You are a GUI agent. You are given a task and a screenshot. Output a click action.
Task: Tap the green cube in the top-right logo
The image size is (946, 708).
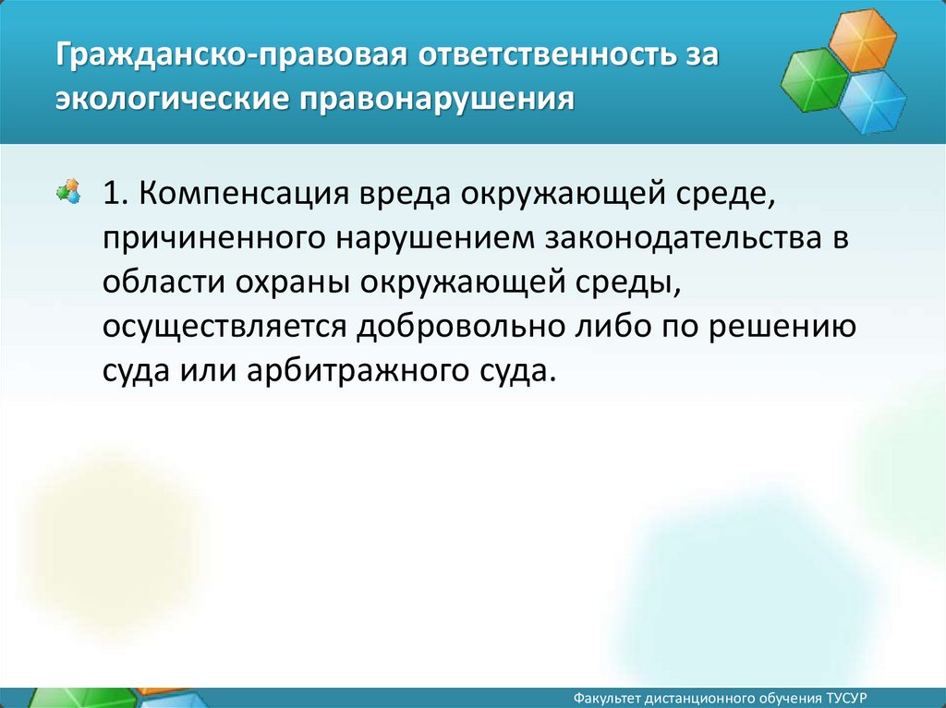(x=815, y=80)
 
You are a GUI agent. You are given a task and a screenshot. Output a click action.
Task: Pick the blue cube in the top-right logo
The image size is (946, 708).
(x=872, y=102)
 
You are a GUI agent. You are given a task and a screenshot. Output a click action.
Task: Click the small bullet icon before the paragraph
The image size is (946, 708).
(x=68, y=191)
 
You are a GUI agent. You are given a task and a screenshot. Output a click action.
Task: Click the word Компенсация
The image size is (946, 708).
(x=244, y=194)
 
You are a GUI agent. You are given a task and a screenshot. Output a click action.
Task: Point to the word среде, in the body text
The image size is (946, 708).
(x=724, y=195)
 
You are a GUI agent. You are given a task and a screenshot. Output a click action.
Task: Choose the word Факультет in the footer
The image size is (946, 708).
(x=606, y=699)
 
